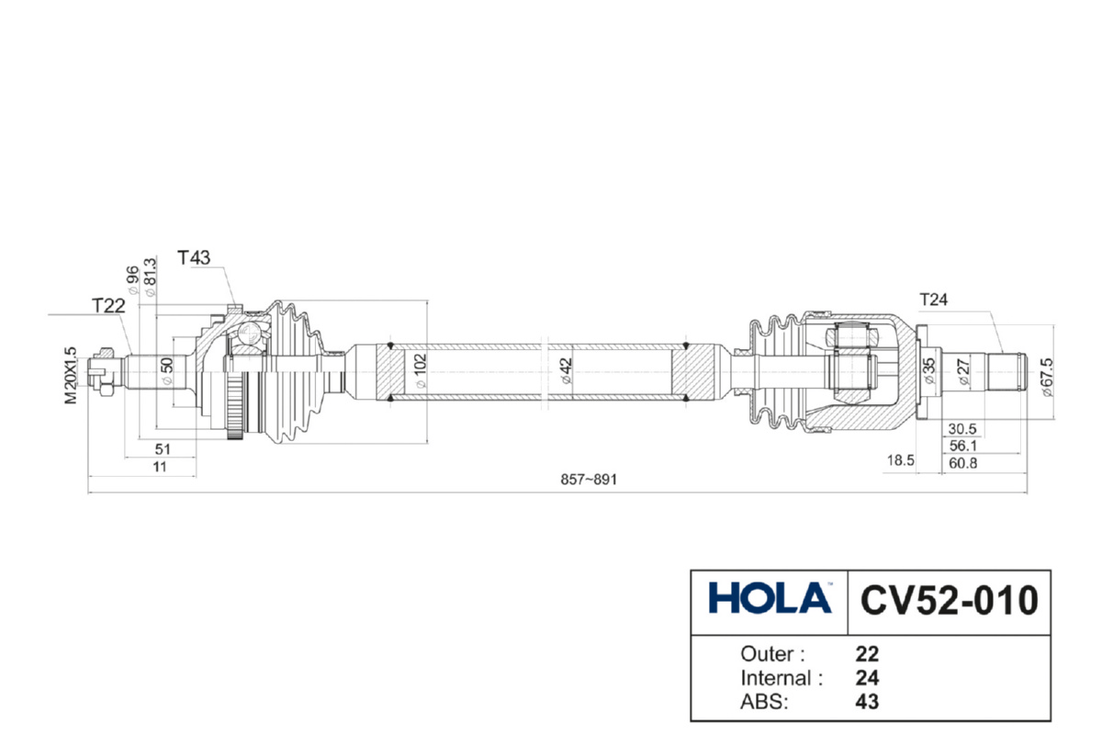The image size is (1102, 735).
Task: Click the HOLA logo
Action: point(769,599)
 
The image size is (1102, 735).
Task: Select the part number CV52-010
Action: point(950,600)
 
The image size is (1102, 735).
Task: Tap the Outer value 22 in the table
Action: point(867,654)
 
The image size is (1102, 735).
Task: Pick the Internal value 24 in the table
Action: point(867,678)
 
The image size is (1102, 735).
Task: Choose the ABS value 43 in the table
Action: point(867,702)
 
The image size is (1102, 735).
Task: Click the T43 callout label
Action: point(195,258)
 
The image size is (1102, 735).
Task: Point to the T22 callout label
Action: point(108,306)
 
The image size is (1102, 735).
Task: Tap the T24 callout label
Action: point(933,299)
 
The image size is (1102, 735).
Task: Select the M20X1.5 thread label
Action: point(70,375)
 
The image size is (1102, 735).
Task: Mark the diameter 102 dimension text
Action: point(421,372)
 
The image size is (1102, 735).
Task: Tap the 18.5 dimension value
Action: point(901,461)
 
